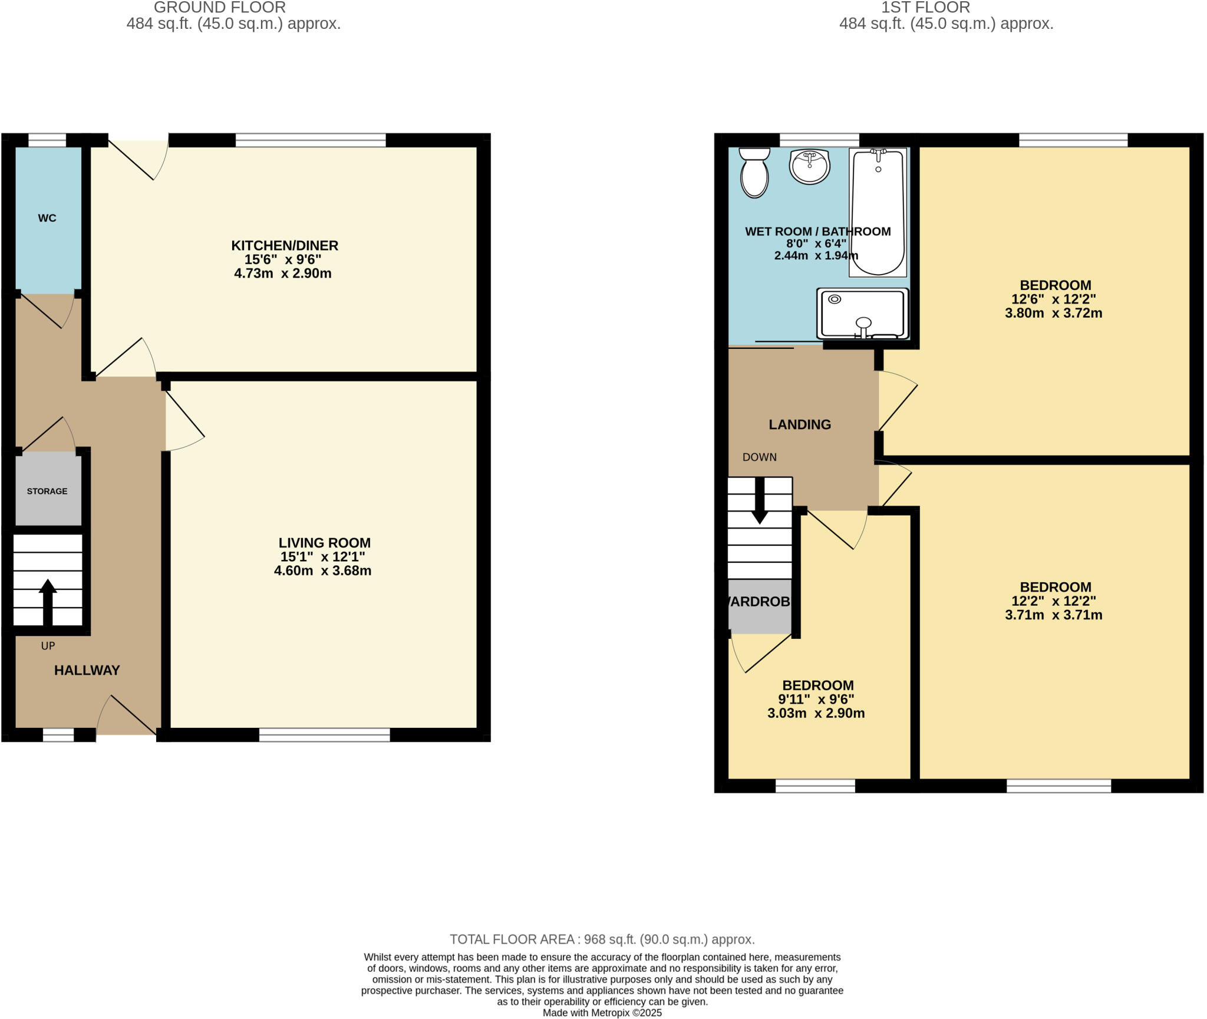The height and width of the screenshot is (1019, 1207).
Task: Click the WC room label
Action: [x=47, y=218]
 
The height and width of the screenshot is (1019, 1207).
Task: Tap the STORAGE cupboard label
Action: [x=47, y=491]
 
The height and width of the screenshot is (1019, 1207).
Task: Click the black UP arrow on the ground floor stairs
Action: [x=48, y=601]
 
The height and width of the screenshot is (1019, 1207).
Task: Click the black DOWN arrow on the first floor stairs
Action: [x=760, y=501]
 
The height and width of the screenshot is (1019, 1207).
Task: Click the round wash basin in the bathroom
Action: [x=810, y=166]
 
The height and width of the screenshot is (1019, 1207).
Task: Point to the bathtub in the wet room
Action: [x=878, y=212]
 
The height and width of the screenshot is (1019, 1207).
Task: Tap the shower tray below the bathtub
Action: [x=862, y=314]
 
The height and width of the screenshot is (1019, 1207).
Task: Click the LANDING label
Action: [x=800, y=424]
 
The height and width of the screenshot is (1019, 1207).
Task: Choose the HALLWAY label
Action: [x=87, y=670]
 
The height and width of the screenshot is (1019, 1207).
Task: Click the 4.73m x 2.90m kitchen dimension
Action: [x=283, y=273]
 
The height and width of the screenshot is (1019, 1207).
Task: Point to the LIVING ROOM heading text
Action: [x=325, y=543]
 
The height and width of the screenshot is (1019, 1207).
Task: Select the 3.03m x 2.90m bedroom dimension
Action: [x=816, y=713]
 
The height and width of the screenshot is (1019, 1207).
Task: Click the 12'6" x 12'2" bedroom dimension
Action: [x=1054, y=299]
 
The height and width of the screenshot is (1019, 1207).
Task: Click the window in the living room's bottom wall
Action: [x=325, y=734]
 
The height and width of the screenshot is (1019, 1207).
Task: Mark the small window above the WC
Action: [x=47, y=140]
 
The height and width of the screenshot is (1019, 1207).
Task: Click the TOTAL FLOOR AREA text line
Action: [x=602, y=939]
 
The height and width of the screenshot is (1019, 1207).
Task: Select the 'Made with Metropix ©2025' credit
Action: [x=602, y=1013]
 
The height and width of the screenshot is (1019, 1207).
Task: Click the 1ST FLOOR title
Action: [x=925, y=8]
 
